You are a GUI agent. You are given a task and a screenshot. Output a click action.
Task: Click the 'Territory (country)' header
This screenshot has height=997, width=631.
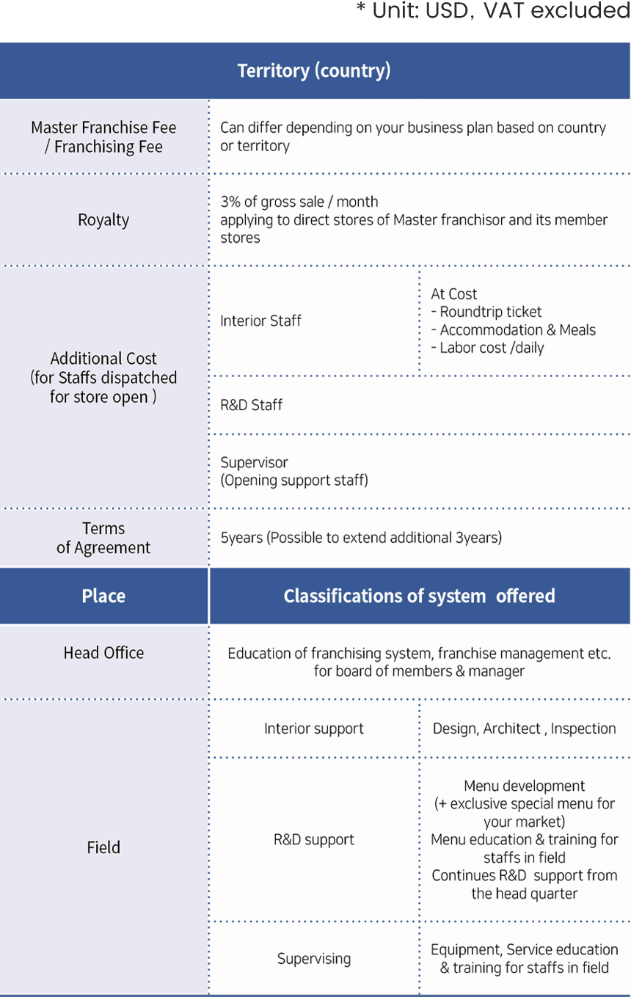[314, 71]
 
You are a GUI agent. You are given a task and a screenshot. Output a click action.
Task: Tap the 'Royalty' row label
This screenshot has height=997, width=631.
[103, 220]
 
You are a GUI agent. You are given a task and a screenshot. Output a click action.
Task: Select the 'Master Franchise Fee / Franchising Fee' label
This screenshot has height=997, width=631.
[103, 137]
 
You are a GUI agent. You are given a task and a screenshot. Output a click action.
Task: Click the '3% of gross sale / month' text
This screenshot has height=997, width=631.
[299, 202]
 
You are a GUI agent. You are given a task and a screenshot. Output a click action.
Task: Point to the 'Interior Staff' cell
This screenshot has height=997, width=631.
[260, 321]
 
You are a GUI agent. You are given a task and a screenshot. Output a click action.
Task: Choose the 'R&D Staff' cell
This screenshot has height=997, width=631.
[251, 405]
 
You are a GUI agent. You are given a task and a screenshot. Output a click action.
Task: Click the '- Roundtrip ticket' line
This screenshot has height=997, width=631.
[486, 312]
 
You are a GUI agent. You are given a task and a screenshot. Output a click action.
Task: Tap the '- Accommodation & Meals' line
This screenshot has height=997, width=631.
[513, 330]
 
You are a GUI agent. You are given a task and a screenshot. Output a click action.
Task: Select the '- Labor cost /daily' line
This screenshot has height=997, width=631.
[487, 348]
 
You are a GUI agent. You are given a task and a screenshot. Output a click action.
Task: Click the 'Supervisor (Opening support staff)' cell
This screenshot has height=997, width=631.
[294, 472]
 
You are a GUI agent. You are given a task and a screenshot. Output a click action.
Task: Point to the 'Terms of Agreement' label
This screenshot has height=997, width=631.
[103, 538]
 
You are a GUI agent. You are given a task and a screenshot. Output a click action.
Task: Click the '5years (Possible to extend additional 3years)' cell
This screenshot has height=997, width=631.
[361, 538]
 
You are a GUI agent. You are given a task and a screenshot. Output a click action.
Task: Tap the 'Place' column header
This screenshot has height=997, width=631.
[103, 596]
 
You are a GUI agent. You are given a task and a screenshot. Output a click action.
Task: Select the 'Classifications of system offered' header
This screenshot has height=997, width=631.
[419, 596]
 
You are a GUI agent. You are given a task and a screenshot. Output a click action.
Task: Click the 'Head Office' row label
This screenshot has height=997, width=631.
[103, 653]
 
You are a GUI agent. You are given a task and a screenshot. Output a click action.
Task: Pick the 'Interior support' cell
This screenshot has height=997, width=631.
[314, 728]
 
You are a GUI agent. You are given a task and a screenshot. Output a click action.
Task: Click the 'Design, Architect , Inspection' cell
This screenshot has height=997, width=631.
[524, 728]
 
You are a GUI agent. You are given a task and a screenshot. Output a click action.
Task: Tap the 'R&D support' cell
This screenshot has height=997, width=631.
[314, 840]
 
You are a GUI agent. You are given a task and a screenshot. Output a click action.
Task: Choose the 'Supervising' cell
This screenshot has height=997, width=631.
[314, 959]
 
